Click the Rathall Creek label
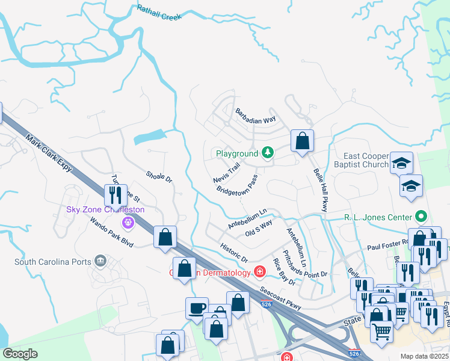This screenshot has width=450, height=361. pos(159,13)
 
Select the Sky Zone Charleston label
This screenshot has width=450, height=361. pos(105,209)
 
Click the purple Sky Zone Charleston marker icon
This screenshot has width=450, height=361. pos(127,223)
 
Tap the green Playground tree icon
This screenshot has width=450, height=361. pos(267,153)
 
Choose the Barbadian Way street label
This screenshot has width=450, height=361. pos(255,116)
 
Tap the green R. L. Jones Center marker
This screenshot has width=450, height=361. pos(421,217)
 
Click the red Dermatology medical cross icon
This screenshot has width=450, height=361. pos(260,273)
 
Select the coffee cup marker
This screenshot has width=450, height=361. pos(197,308)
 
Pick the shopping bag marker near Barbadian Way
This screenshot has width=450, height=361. pos(303,141)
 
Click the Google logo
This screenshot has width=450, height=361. pos(20,354)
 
